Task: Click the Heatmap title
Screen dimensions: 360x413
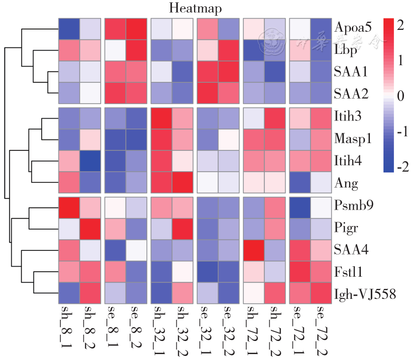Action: [195, 8]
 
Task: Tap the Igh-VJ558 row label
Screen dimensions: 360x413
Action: [365, 295]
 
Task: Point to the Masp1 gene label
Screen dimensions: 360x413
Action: [353, 138]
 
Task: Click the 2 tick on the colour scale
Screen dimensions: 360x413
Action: [400, 26]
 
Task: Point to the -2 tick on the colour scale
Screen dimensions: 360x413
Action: [399, 167]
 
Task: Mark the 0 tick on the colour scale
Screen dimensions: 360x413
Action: [400, 96]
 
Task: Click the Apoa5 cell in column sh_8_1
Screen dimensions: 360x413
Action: [69, 29]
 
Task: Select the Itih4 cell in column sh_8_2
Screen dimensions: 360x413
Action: [92, 161]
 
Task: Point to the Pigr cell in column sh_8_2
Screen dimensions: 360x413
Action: [92, 227]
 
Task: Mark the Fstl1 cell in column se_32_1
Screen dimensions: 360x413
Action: [208, 272]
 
